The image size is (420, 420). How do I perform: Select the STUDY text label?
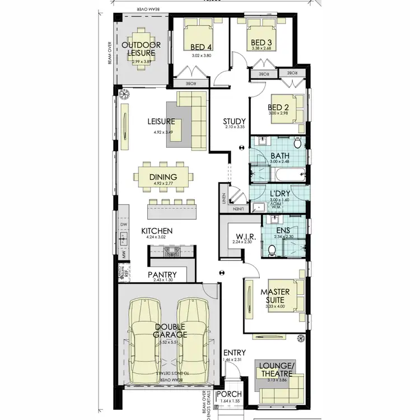click(233, 121)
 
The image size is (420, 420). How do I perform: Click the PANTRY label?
click(162, 274)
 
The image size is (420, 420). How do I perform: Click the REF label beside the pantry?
click(127, 274)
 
